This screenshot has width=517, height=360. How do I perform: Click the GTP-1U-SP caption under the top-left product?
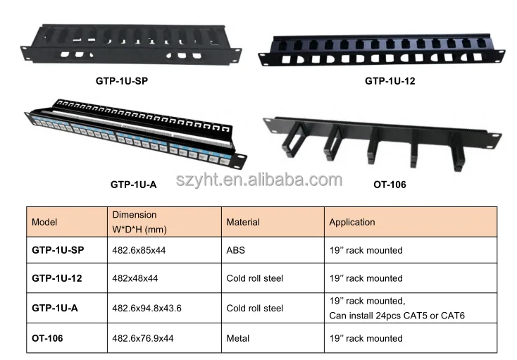click(x=122, y=81)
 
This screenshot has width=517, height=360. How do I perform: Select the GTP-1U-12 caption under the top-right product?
click(x=390, y=81)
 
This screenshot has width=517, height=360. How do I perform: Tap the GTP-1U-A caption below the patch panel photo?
click(x=133, y=185)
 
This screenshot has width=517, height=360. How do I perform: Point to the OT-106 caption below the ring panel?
click(x=389, y=185)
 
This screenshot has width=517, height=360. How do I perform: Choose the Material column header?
click(x=243, y=222)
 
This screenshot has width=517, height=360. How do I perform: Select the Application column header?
click(x=352, y=222)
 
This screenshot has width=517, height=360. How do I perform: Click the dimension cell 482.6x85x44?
click(x=139, y=250)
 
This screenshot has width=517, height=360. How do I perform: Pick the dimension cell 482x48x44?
click(x=135, y=278)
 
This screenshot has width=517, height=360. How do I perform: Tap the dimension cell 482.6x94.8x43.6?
click(x=147, y=308)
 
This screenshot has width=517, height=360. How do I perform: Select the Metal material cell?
click(x=238, y=338)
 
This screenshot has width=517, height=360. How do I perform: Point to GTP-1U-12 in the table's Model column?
click(x=57, y=278)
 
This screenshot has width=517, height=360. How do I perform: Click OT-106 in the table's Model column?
click(x=47, y=338)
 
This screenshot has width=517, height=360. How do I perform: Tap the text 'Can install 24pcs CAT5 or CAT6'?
click(x=397, y=315)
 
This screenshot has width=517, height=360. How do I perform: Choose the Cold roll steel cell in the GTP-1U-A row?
click(x=255, y=308)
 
